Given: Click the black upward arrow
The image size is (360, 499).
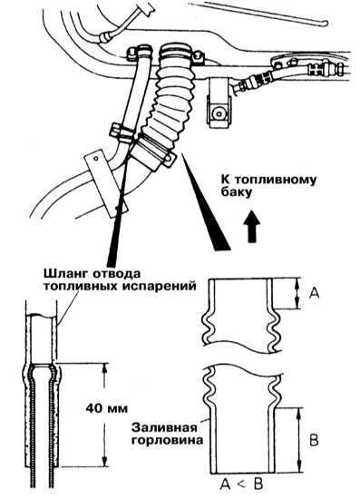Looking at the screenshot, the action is pyautogui.click(x=252, y=227).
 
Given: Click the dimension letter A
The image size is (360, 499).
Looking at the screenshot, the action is pyautogui.click(x=314, y=293).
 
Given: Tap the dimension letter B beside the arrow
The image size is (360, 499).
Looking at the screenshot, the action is pyautogui.click(x=314, y=441).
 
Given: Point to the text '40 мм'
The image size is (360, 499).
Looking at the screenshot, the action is pyautogui.click(x=106, y=408).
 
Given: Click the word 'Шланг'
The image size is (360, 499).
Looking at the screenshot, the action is pyautogui.click(x=64, y=274).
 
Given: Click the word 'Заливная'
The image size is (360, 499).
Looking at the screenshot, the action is pyautogui.click(x=164, y=427).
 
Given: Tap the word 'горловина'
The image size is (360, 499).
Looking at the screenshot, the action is pyautogui.click(x=169, y=440).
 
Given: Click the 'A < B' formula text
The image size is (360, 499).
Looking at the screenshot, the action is pyautogui.click(x=242, y=484).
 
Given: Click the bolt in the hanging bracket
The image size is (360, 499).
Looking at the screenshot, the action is pyautogui.click(x=219, y=113).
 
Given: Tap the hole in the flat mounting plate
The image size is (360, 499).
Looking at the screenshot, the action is pyautogui.click(x=95, y=158).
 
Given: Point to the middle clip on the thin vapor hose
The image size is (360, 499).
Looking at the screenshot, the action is pyautogui.click(x=123, y=132).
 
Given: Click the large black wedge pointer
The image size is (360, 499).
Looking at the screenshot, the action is pyautogui.click(x=205, y=201).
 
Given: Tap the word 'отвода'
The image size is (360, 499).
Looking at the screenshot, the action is pyautogui.click(x=115, y=274).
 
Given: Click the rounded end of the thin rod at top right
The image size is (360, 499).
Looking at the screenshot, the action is pyautogui.click(x=325, y=23).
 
